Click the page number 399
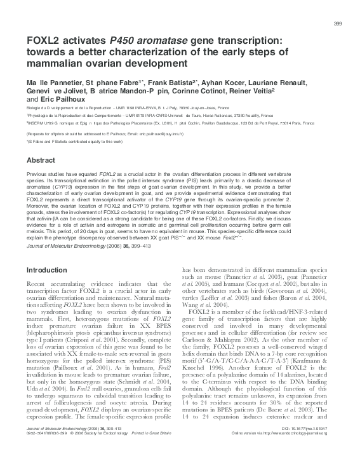pos(337,24)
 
